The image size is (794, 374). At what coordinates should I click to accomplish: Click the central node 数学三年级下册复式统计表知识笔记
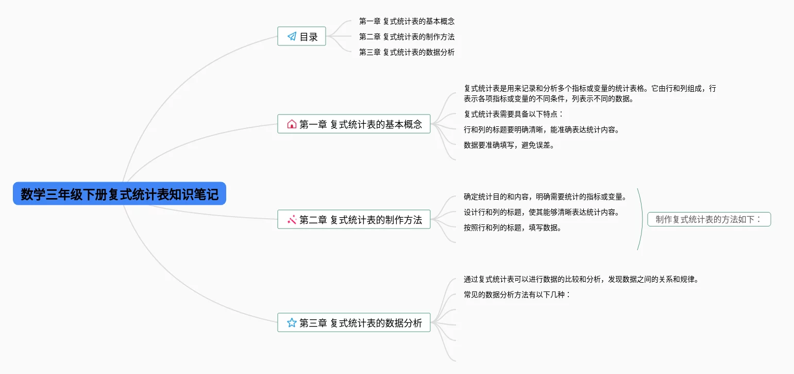tap(120, 193)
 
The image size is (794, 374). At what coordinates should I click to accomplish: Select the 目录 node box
tap(302, 36)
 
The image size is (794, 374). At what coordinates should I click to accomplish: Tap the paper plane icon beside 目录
tap(292, 36)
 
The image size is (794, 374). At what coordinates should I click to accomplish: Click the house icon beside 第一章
tap(292, 124)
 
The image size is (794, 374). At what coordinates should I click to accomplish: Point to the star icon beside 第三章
tap(292, 323)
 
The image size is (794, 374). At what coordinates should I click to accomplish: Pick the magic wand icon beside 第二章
tap(292, 220)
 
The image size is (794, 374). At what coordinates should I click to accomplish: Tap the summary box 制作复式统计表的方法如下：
tap(709, 220)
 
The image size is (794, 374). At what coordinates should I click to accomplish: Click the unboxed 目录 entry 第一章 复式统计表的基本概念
tap(407, 21)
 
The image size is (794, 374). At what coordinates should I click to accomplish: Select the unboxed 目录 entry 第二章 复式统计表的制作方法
tap(407, 37)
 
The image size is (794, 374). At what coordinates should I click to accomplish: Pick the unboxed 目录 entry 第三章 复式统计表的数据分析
tap(407, 52)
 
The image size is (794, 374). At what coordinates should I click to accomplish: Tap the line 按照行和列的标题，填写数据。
tap(513, 227)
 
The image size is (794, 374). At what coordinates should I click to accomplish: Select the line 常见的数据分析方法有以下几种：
tap(517, 295)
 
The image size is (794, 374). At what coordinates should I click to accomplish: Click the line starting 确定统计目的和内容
tap(545, 197)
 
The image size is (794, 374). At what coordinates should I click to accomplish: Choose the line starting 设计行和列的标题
tap(542, 212)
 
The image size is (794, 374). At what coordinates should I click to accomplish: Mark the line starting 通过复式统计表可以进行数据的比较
tap(581, 280)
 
